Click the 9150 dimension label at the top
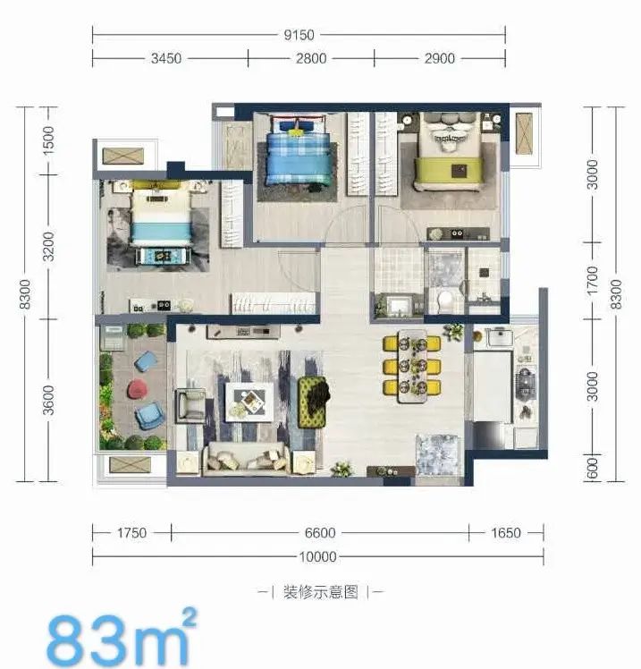click(x=299, y=35)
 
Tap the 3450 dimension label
click(x=166, y=58)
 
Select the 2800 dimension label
click(x=311, y=58)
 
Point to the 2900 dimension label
click(x=439, y=58)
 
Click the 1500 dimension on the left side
click(x=48, y=140)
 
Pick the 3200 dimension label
click(x=48, y=247)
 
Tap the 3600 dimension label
click(x=48, y=400)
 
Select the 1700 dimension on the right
click(x=593, y=280)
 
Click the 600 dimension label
click(x=593, y=469)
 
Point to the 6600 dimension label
click(x=320, y=533)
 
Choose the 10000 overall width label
click(x=317, y=557)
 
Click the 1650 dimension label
click(x=506, y=533)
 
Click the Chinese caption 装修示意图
click(x=321, y=592)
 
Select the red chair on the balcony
click(x=138, y=389)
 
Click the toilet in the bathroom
click(x=445, y=301)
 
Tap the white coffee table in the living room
click(x=249, y=402)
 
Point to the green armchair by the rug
click(x=314, y=402)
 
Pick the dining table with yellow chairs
click(x=412, y=366)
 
